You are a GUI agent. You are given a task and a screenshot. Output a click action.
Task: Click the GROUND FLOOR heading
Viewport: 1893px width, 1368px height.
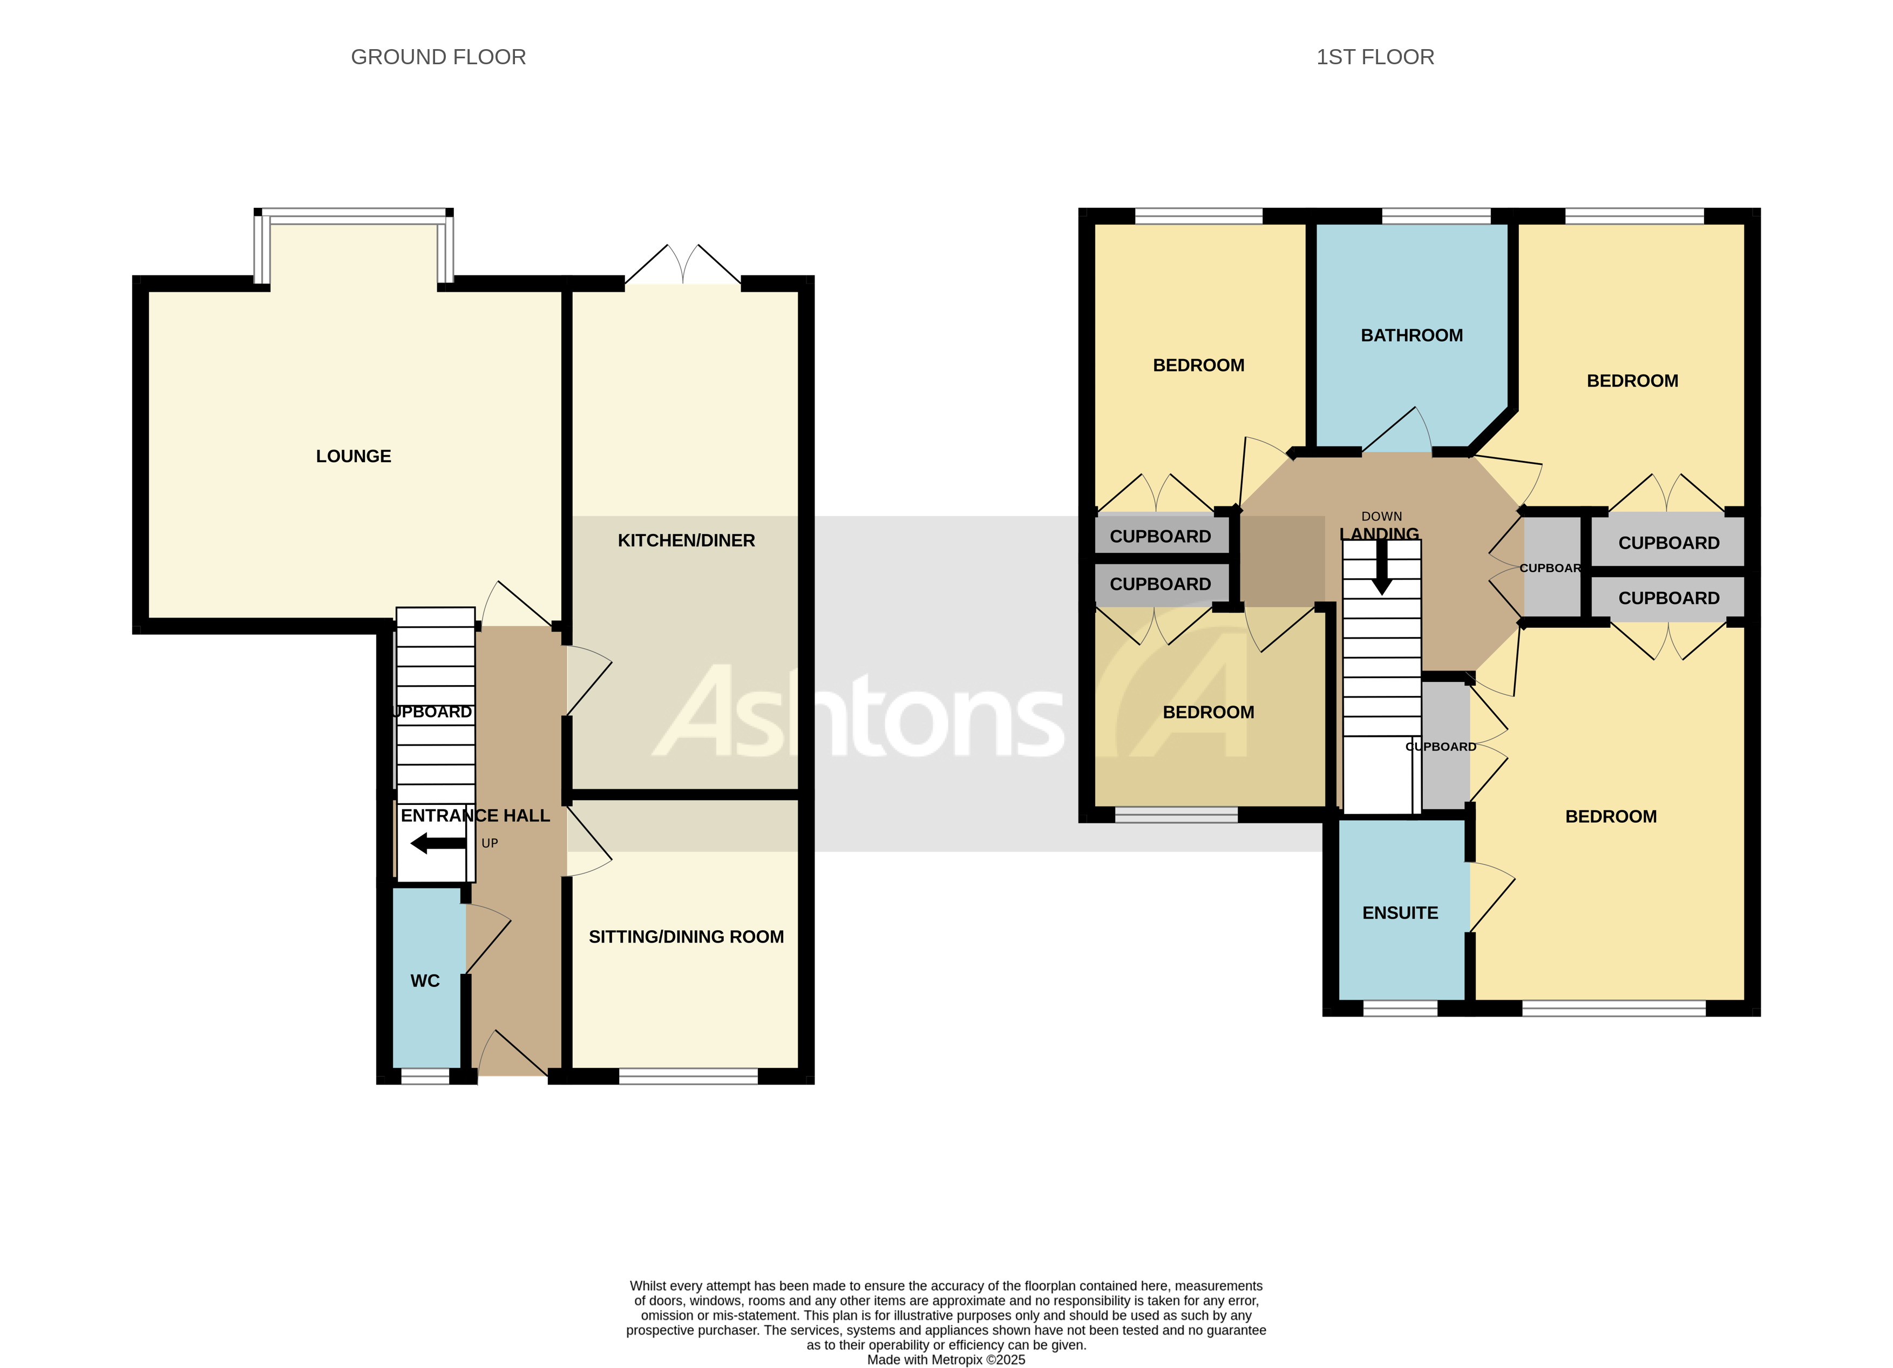pos(438,57)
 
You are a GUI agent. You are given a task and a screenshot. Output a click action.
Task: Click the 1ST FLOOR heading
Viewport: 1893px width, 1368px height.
pos(1375,57)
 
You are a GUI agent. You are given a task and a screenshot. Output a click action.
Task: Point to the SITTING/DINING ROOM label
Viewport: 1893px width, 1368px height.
pos(686,937)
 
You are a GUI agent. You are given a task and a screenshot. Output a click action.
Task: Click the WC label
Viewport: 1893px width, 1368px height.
pos(425,981)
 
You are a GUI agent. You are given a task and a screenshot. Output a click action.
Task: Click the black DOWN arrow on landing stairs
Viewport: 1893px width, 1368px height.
pos(1382,567)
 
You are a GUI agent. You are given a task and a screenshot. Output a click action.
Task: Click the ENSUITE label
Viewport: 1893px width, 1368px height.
pos(1400,913)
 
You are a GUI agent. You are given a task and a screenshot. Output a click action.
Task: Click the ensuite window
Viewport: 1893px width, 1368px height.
pos(1400,1009)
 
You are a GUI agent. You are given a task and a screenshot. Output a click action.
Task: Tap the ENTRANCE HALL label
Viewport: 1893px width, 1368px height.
pos(475,816)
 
